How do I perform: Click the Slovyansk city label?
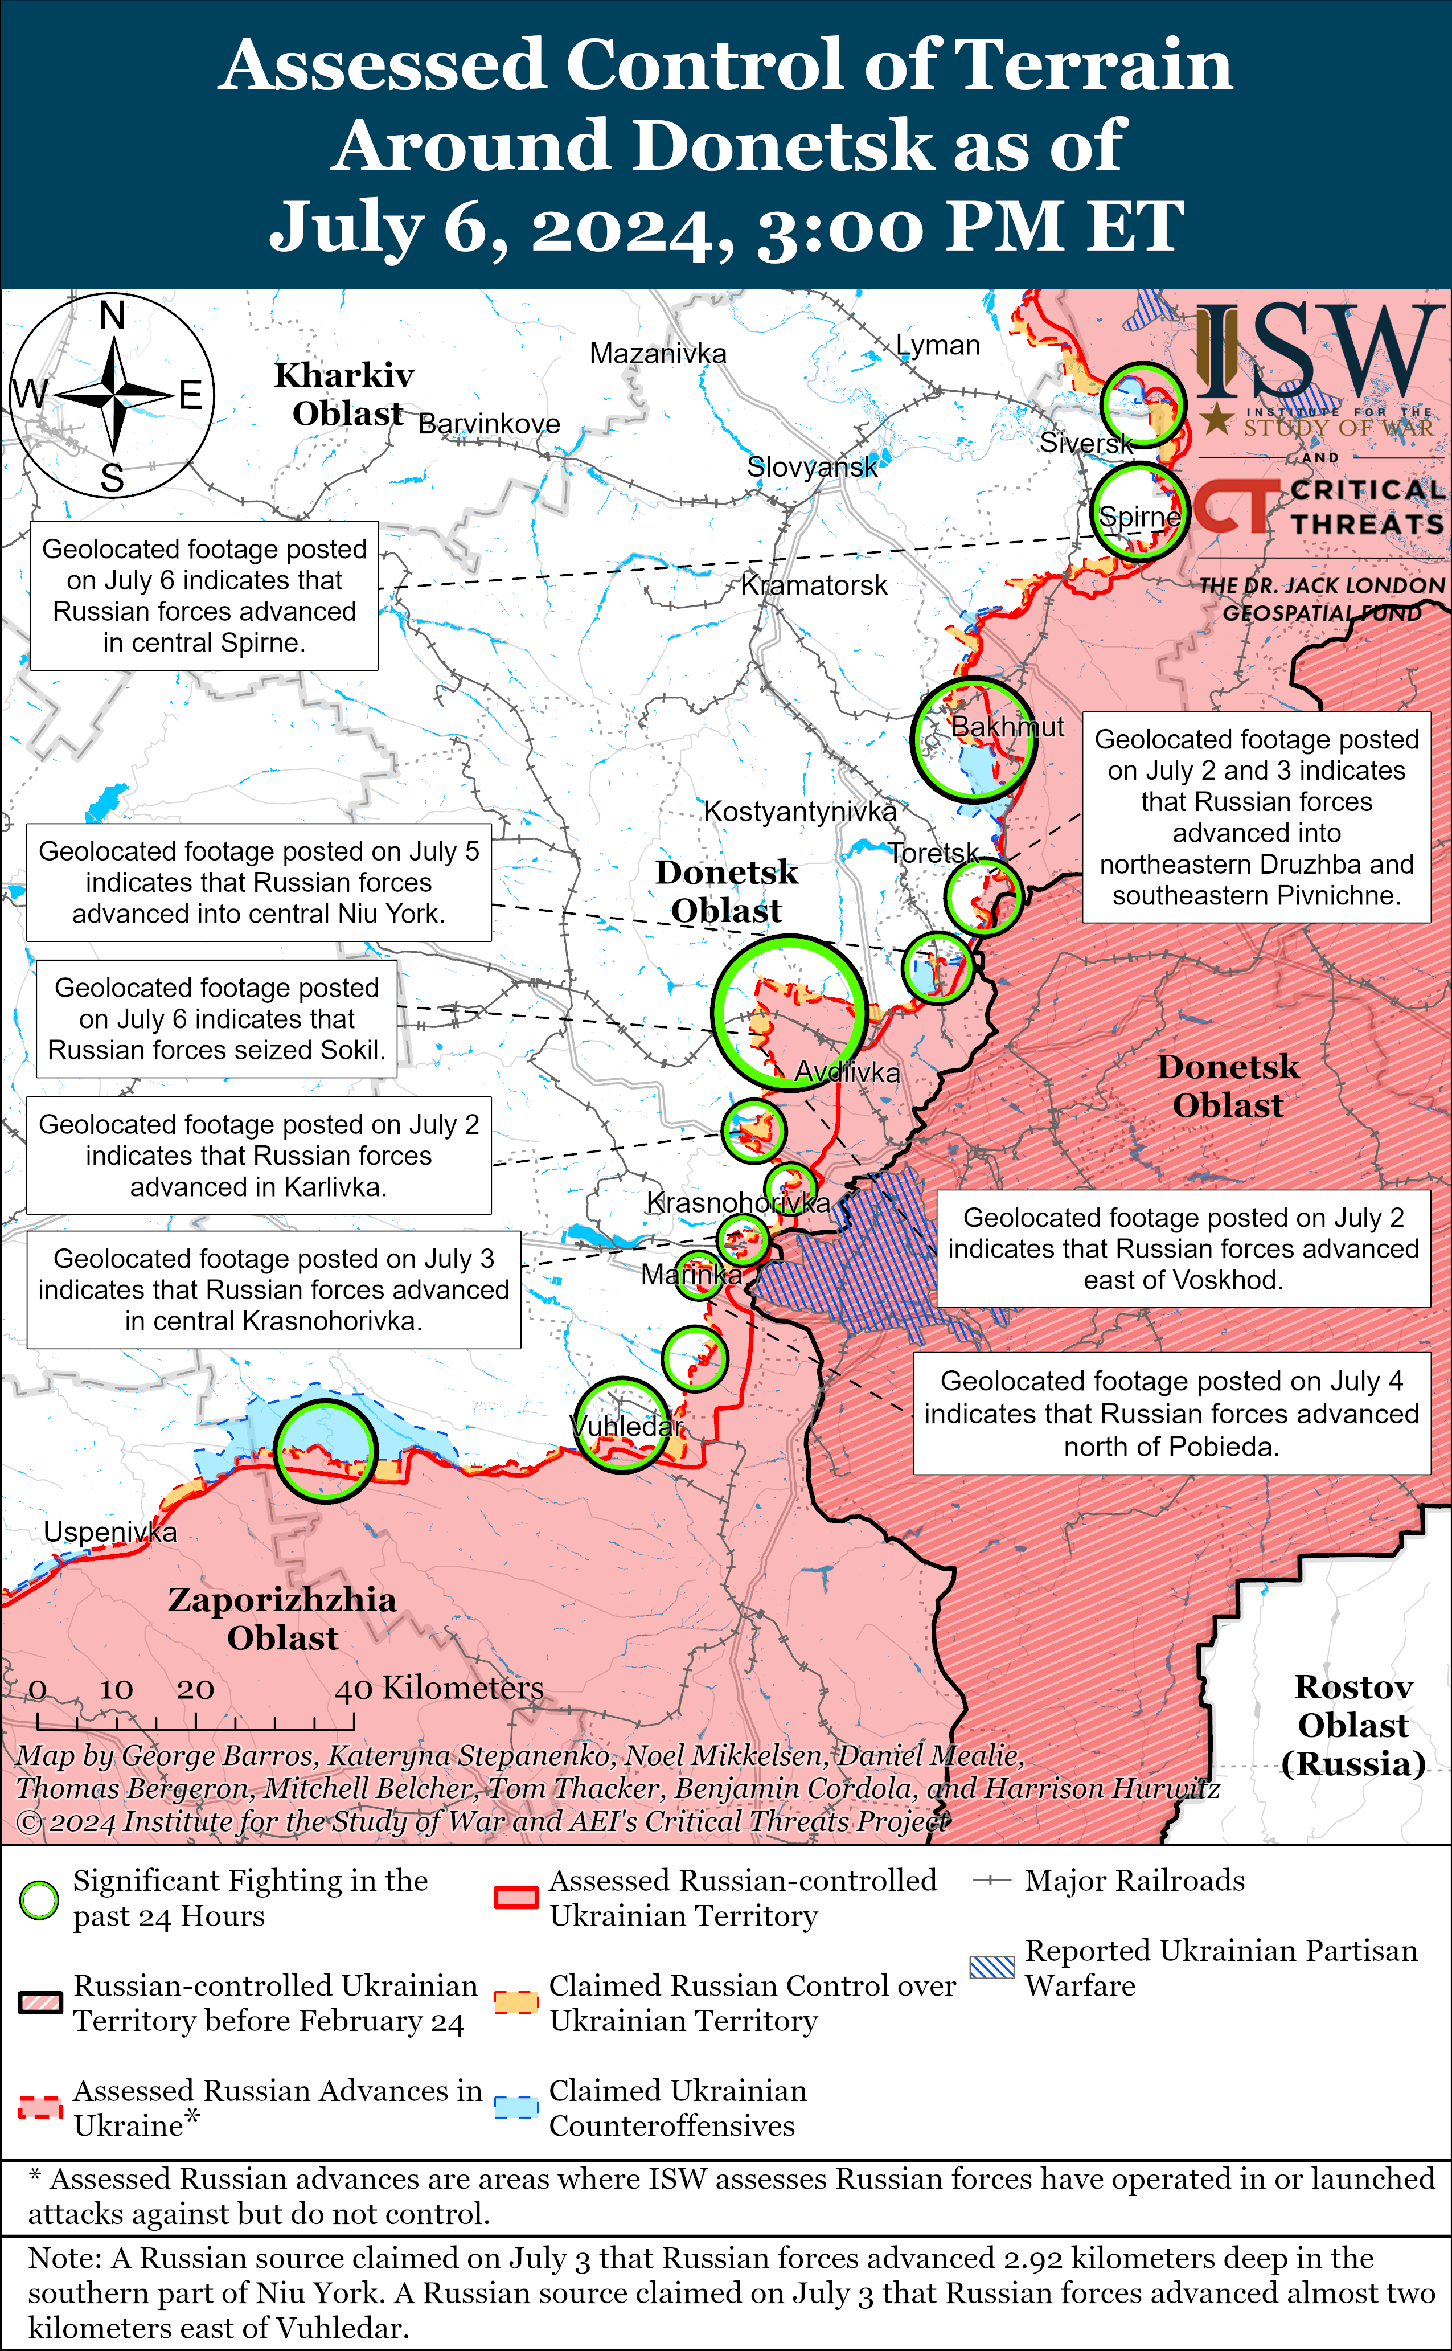click(811, 468)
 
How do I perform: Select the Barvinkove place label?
click(489, 424)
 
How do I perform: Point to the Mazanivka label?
click(658, 354)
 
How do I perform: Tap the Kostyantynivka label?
click(800, 812)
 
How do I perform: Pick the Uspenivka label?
click(110, 1532)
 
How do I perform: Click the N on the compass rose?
click(112, 315)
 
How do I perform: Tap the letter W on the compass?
click(30, 394)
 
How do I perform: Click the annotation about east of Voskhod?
click(1183, 1248)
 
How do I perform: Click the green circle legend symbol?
click(39, 1899)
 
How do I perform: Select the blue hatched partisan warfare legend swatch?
click(991, 1967)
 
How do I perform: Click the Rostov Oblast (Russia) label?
click(1353, 1725)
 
